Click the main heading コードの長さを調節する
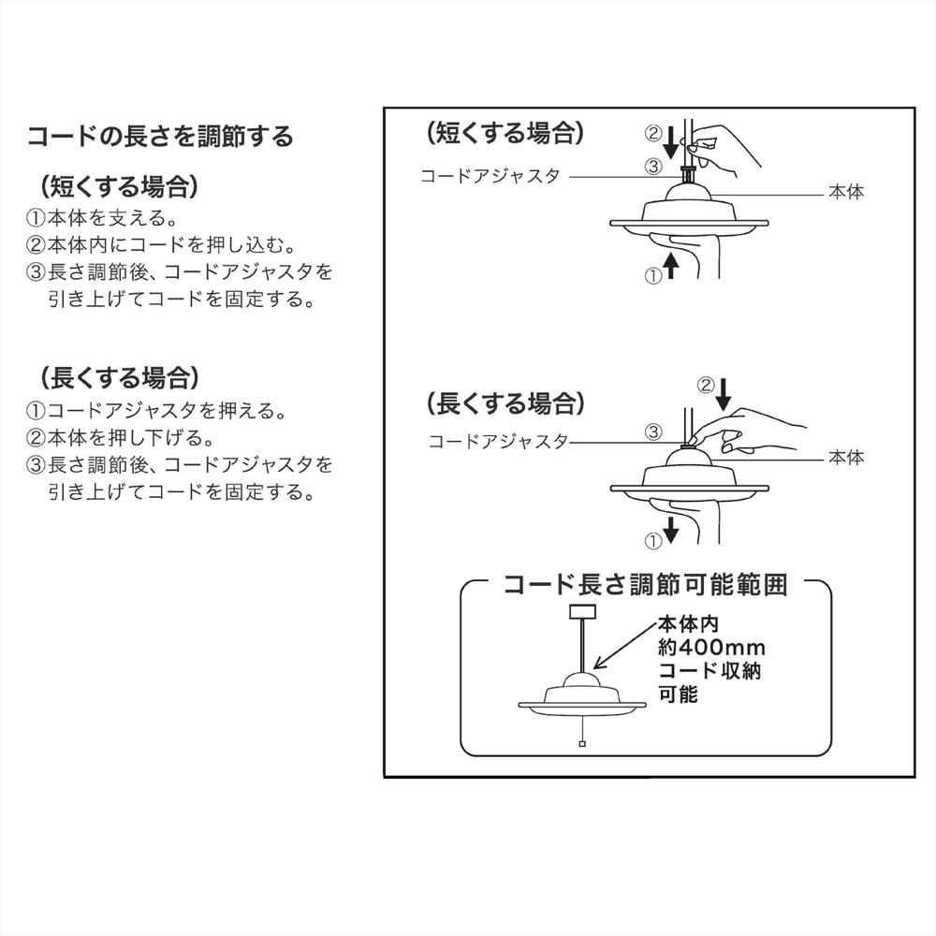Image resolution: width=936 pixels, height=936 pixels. coord(159,137)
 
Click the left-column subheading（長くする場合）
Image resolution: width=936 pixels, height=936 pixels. coord(118,377)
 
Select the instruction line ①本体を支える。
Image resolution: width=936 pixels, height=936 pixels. coord(100,219)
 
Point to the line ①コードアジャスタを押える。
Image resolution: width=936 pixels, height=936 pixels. coord(154,411)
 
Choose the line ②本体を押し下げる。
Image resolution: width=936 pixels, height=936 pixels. coord(120,437)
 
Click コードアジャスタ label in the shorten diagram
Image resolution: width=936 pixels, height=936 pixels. coord(490,176)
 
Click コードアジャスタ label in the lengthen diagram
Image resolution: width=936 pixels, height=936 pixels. coord(498,441)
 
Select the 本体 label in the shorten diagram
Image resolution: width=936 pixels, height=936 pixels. coord(845,193)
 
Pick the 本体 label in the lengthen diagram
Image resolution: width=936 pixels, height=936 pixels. coord(845,458)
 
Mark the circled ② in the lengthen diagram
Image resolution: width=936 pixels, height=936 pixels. coord(706,385)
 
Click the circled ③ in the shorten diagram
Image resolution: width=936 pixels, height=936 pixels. coord(654,167)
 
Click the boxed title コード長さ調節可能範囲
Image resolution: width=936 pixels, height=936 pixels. coord(646,586)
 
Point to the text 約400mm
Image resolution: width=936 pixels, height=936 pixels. coord(712,648)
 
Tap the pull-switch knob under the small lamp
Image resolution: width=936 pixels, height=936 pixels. coord(582,745)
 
